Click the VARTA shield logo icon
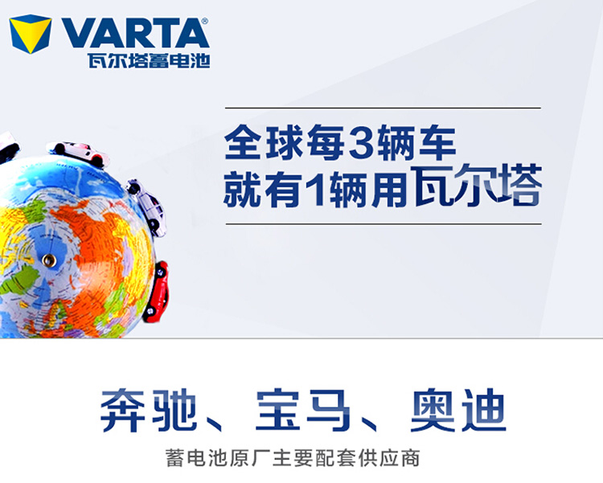click(31, 34)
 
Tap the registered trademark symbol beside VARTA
click(205, 21)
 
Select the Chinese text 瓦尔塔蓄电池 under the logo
click(149, 60)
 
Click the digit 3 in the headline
click(360, 142)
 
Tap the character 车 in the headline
click(437, 142)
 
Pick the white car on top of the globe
click(79, 153)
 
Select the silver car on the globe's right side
click(147, 207)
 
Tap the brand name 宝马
click(302, 411)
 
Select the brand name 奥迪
click(457, 411)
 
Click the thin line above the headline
click(383, 108)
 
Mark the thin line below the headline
click(384, 223)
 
